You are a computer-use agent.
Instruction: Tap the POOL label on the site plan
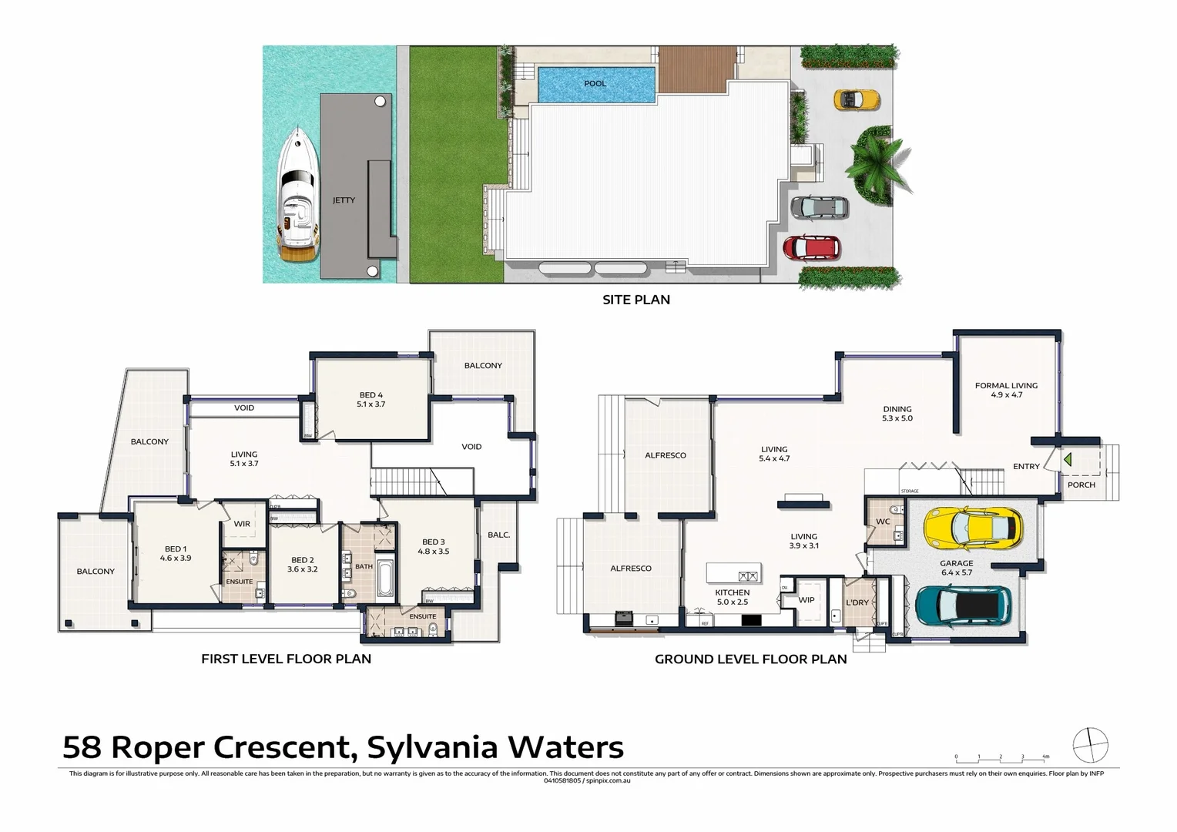tap(595, 83)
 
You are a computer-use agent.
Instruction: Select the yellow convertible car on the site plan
tap(856, 99)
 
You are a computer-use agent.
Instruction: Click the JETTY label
tap(344, 200)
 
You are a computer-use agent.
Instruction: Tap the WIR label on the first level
tap(242, 524)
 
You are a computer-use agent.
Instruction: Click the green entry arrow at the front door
tap(1068, 460)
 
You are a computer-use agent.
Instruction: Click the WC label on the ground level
tap(883, 522)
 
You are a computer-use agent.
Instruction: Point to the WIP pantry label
tap(806, 599)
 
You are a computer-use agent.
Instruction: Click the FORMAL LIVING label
tap(1006, 386)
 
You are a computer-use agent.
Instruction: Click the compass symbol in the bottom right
tap(1090, 745)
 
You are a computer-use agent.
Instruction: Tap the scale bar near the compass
tap(1001, 758)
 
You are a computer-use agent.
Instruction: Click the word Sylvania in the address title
tap(431, 747)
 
